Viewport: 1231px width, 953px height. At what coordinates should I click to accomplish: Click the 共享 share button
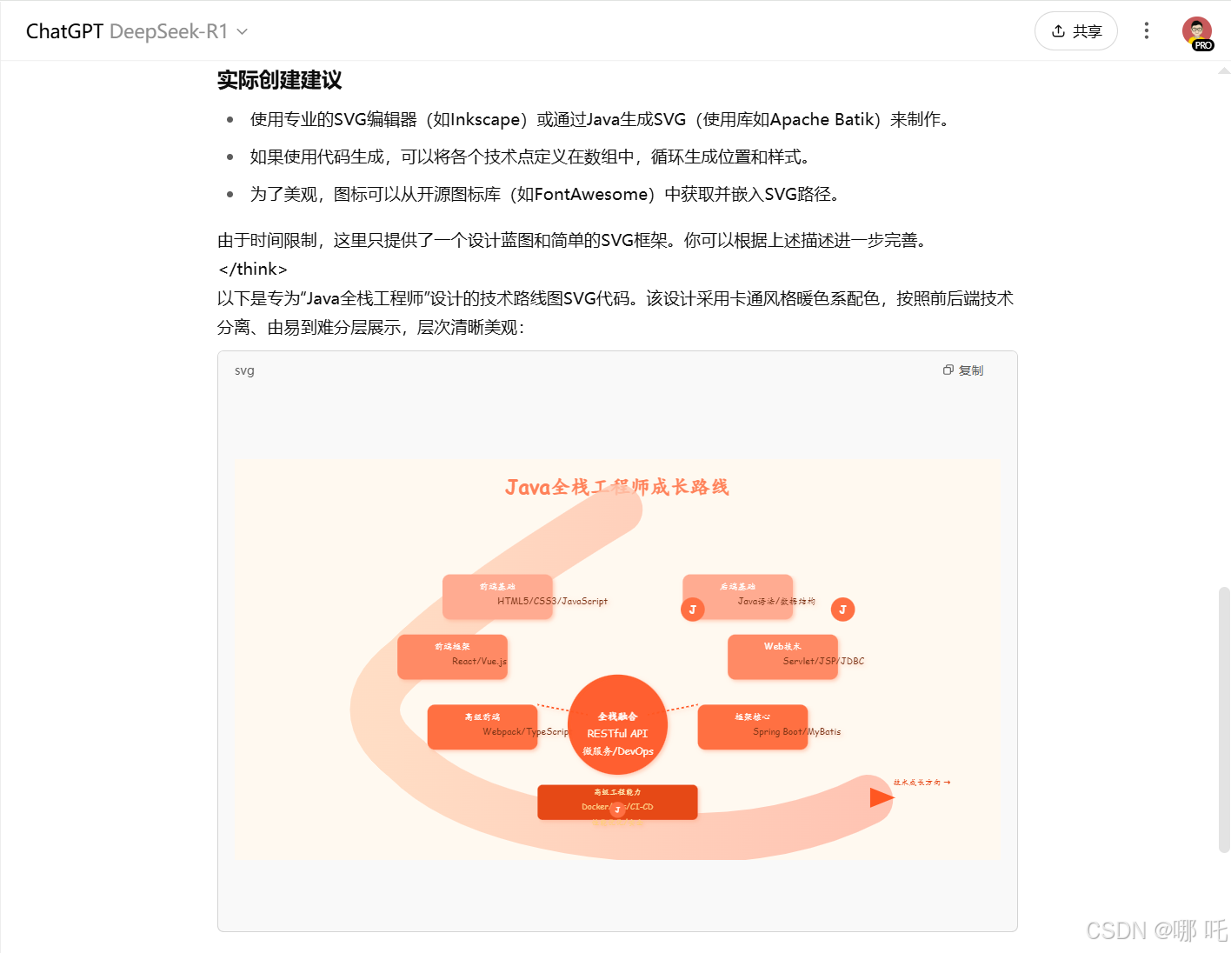tap(1075, 31)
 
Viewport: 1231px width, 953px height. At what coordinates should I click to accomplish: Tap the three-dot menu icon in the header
tap(1147, 31)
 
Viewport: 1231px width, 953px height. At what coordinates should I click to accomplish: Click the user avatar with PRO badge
tap(1197, 32)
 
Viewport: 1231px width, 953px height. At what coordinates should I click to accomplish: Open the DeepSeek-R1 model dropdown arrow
tap(243, 32)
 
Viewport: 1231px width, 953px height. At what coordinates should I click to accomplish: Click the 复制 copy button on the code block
tap(963, 370)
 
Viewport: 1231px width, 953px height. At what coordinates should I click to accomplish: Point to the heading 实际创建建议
tap(279, 81)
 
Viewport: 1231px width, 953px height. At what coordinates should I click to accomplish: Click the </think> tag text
tap(253, 269)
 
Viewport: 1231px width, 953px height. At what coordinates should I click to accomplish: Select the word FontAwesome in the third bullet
tap(591, 194)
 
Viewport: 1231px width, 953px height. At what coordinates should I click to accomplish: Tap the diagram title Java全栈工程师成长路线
tap(616, 487)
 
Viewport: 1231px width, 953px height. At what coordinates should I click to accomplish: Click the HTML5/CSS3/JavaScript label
tap(552, 601)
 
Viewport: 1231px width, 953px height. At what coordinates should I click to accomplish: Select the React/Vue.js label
tap(479, 661)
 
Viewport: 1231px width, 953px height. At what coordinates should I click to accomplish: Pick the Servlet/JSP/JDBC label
tap(823, 661)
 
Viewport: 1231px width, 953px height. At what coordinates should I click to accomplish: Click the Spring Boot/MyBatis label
tap(796, 731)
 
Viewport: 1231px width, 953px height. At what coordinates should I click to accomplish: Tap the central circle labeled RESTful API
tap(617, 733)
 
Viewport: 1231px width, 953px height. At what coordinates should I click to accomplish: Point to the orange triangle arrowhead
tap(881, 796)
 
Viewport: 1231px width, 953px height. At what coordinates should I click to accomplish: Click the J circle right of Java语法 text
tap(842, 610)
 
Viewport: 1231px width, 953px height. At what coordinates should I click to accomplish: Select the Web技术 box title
tap(782, 646)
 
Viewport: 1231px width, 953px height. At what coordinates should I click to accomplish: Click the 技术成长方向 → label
tap(922, 783)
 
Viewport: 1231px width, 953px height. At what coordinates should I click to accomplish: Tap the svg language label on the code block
tap(244, 370)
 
